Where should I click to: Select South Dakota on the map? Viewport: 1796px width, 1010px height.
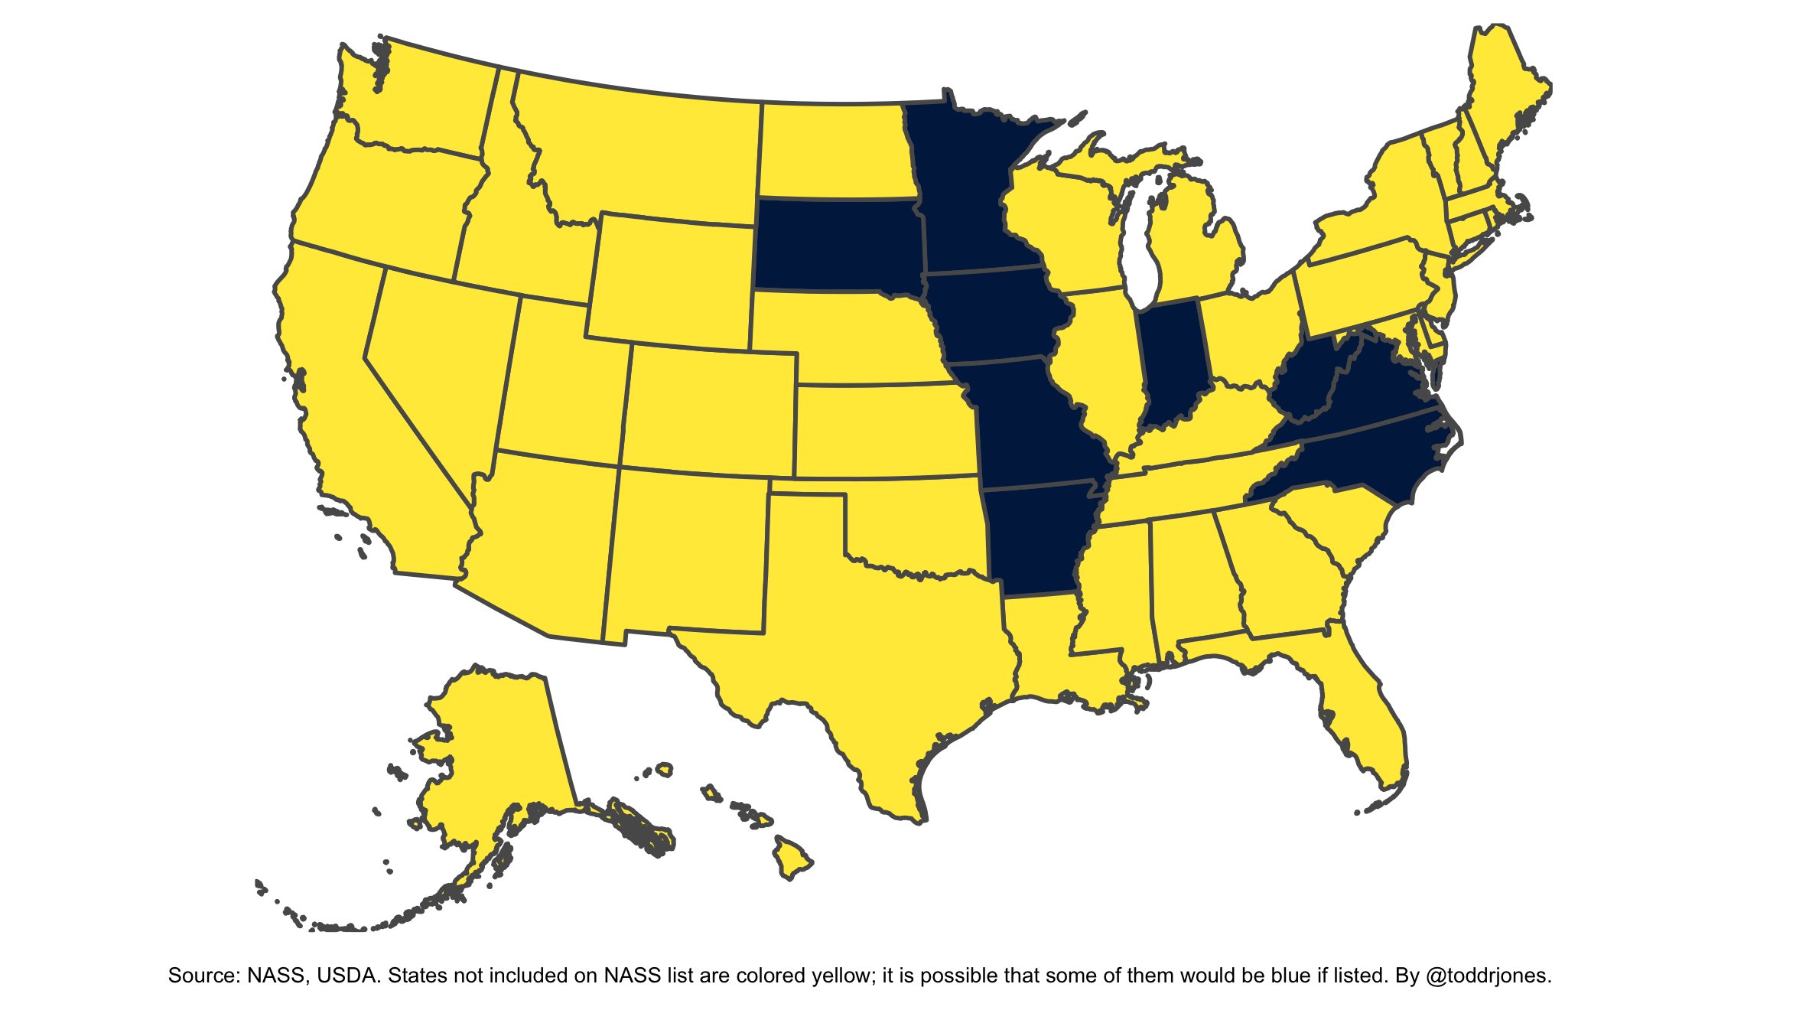pos(838,245)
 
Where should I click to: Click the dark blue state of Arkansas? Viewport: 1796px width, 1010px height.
pos(1036,536)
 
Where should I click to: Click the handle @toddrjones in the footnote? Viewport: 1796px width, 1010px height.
pos(1488,976)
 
